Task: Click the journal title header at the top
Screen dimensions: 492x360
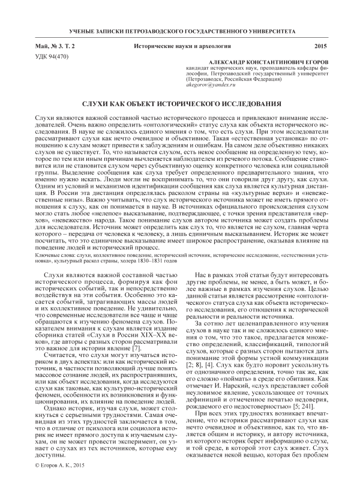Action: (x=180, y=30)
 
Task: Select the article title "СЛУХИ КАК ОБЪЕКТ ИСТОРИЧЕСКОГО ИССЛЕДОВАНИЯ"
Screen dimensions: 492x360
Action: (x=180, y=104)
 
